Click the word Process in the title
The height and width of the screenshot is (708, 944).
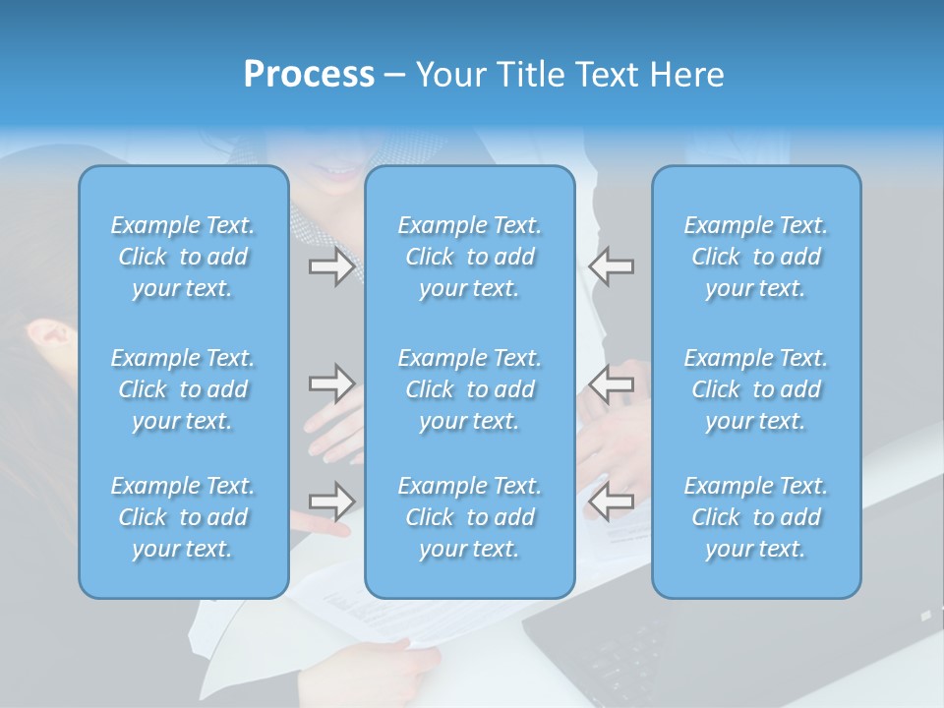tap(309, 75)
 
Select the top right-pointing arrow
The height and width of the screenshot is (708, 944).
tap(331, 266)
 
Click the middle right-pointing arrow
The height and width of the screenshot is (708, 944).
tap(331, 383)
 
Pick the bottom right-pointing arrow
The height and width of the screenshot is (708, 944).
tap(331, 501)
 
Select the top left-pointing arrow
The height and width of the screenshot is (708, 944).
tap(612, 266)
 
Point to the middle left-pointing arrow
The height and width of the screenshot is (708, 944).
tap(612, 383)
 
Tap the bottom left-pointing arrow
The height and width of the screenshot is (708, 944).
tap(612, 501)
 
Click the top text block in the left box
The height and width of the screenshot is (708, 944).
tap(183, 257)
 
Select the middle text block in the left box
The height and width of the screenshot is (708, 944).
tap(183, 389)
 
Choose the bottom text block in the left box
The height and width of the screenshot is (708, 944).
tap(183, 517)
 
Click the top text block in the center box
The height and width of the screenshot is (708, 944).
tap(469, 257)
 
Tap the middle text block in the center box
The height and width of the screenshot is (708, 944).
tap(469, 389)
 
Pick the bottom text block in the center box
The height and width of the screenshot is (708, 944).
tap(469, 517)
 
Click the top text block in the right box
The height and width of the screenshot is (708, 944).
tap(756, 257)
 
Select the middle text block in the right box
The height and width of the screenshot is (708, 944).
tap(756, 389)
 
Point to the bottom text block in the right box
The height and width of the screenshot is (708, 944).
tap(756, 517)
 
